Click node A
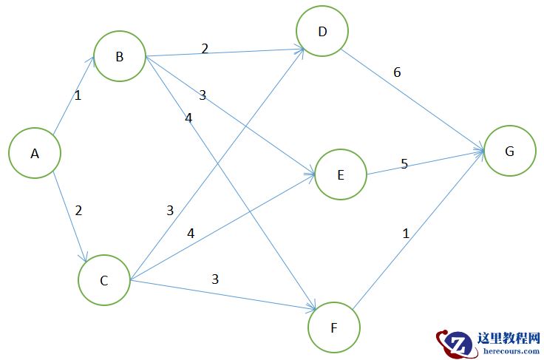[34, 154]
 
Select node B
[119, 56]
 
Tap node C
[103, 280]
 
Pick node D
[322, 31]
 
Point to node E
[340, 174]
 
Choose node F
[333, 327]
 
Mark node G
[509, 151]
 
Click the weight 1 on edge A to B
[78, 95]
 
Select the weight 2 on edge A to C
[78, 210]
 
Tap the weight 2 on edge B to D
[205, 49]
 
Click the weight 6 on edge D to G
[397, 72]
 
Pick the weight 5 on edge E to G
[404, 163]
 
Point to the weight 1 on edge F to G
[405, 233]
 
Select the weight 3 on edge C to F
[215, 279]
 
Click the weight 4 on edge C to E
[191, 233]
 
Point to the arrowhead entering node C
[86, 258]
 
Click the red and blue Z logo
[455, 343]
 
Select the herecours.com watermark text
[509, 351]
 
